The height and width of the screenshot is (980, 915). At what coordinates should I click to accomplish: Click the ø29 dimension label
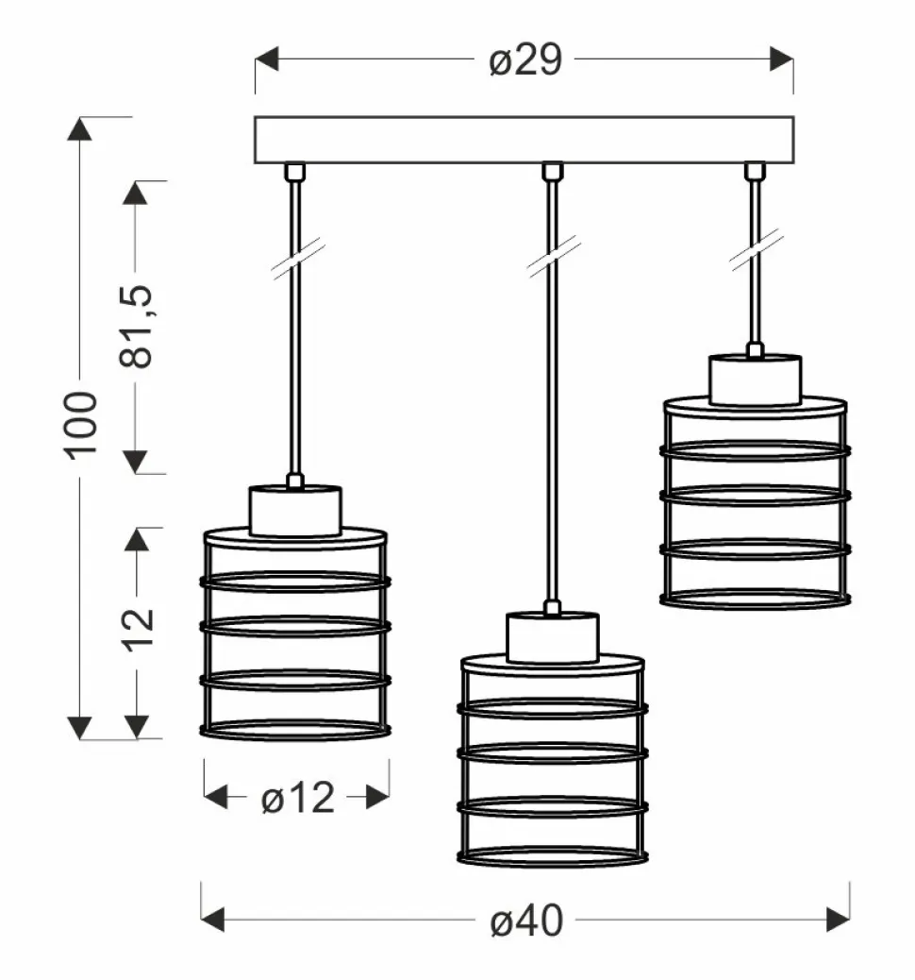(x=525, y=60)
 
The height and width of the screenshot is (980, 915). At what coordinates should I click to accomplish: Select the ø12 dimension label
(x=297, y=799)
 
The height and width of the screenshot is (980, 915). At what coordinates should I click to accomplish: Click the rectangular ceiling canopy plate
(x=524, y=139)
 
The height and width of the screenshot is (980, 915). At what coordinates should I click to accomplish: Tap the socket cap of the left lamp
(x=294, y=511)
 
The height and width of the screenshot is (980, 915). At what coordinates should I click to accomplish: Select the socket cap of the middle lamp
(x=553, y=637)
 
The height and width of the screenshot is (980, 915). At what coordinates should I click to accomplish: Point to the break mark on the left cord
(x=298, y=257)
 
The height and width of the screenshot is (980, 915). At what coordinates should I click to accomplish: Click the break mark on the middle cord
(x=553, y=257)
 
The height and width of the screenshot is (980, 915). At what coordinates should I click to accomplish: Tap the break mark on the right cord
(x=755, y=250)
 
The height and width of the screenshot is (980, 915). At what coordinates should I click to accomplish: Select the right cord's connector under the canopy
(x=754, y=171)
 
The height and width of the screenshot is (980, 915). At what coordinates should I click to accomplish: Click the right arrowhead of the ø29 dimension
(x=780, y=60)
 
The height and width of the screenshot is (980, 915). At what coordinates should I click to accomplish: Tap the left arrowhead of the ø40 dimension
(x=214, y=919)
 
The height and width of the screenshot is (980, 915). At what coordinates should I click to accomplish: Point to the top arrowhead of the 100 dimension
(x=82, y=130)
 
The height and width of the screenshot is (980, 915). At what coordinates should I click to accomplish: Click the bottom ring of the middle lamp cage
(x=553, y=856)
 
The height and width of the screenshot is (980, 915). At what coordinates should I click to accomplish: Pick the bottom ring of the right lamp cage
(x=755, y=599)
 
